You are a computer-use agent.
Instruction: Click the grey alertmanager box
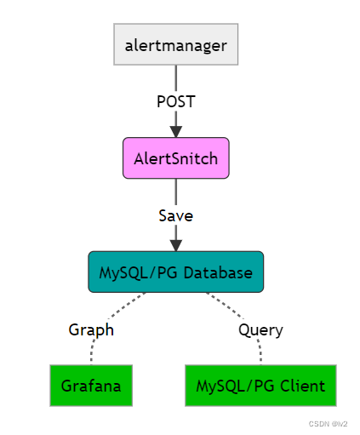click(x=176, y=45)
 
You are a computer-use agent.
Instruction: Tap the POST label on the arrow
click(x=176, y=101)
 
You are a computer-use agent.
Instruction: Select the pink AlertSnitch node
click(x=176, y=158)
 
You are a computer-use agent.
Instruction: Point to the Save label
click(x=176, y=215)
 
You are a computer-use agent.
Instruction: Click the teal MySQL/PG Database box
click(x=176, y=272)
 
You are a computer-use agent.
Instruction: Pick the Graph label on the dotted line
click(x=91, y=329)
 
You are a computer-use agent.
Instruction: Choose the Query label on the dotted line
click(x=260, y=329)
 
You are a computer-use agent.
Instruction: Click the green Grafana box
click(x=91, y=386)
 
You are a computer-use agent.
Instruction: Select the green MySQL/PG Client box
click(x=260, y=386)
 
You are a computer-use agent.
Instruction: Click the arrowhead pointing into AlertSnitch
click(x=176, y=130)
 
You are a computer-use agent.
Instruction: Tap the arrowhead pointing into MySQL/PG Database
click(x=176, y=244)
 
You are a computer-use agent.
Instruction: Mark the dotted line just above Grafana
click(x=91, y=353)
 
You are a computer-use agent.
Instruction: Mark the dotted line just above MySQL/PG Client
click(x=260, y=353)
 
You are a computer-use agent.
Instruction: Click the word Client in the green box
click(x=305, y=386)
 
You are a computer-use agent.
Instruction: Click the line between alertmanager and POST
click(x=176, y=77)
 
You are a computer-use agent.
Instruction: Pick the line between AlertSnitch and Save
click(x=176, y=192)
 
